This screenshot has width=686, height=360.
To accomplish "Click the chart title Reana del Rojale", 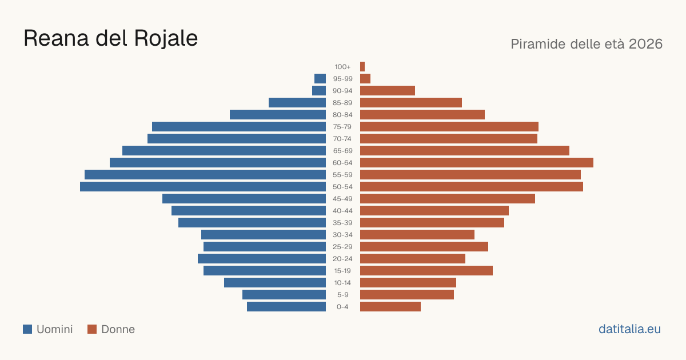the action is point(110,38).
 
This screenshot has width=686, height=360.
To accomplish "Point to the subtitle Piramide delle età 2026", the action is point(587,44).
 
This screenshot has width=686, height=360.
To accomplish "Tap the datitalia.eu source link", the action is point(629,329).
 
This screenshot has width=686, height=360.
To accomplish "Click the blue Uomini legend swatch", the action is point(27,329).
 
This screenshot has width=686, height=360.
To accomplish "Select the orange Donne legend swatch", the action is point(92,329).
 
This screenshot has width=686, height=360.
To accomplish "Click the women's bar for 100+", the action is point(362,66).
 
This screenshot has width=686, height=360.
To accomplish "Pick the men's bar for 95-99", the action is point(320,79).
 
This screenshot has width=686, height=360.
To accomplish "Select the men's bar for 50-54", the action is point(203,187).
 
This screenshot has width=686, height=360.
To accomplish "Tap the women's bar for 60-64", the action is point(477,162).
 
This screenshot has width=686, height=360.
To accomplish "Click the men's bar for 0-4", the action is point(286,307).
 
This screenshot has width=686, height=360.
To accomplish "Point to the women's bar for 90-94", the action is point(388,91).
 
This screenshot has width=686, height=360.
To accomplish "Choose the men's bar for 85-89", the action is point(297,102).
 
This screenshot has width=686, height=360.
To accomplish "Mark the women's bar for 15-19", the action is point(426,271).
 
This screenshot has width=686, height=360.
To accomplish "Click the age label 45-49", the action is point(342,199).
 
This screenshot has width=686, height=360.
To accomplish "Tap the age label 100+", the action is point(342,67).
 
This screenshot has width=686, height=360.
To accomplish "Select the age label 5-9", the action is point(342,295).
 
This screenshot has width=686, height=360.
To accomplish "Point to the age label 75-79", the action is point(342,127).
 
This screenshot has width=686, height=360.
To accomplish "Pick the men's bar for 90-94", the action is point(319,91).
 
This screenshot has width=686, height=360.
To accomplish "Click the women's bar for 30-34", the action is point(417,235).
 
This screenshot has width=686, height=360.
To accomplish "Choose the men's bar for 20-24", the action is point(262,259).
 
